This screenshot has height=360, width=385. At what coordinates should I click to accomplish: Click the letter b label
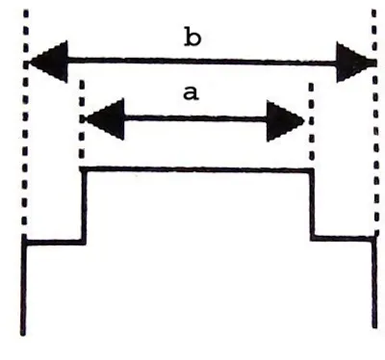point(192,38)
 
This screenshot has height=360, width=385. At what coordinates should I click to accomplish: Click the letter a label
point(191,93)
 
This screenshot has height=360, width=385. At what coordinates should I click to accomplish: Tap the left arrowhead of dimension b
point(48,62)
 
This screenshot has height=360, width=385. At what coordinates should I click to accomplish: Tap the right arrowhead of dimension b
point(356,62)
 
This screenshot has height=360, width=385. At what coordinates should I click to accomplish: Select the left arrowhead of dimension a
point(105,119)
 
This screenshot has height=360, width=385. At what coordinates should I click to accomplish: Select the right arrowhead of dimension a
point(285,121)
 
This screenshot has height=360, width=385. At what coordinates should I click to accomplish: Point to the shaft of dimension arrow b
point(202,61)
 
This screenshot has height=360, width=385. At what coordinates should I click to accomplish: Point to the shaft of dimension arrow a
point(195,119)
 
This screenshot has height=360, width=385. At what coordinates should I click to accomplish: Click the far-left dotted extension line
point(26,123)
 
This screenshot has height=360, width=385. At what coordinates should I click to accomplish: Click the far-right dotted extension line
point(375,122)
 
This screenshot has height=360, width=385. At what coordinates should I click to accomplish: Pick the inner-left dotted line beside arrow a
point(82,119)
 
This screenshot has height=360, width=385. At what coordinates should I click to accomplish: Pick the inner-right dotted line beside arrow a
point(311,121)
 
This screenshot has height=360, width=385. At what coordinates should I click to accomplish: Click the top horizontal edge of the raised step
point(196,169)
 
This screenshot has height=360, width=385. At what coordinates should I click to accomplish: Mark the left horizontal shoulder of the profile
point(54,242)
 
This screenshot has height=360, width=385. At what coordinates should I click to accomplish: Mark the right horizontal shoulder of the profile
point(343,238)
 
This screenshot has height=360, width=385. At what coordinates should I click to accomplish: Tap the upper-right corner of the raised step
point(311,170)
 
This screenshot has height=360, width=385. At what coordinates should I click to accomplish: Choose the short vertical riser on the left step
point(84,206)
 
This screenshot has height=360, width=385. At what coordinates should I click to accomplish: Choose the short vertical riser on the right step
point(312,204)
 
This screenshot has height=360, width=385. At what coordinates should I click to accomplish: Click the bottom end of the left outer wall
point(23,334)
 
